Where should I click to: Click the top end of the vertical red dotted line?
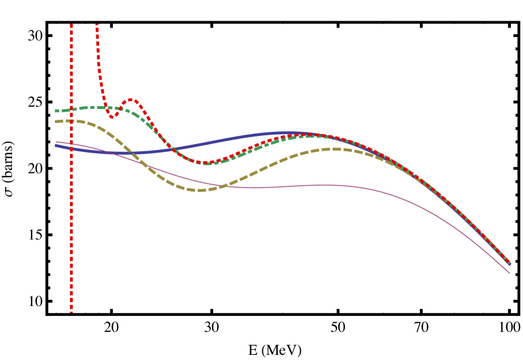(71, 25)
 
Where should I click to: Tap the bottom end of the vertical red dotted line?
(71, 312)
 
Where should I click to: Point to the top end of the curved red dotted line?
(96, 25)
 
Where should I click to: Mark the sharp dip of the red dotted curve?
(112, 118)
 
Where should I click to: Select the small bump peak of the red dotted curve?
(131, 100)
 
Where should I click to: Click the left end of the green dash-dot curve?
(56, 111)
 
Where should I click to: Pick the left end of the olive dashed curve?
(56, 121)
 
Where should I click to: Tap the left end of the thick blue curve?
(56, 146)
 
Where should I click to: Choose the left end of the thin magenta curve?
(56, 142)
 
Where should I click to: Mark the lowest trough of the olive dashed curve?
(200, 190)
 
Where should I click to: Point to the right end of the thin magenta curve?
(510, 273)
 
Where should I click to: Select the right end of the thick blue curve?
(510, 264)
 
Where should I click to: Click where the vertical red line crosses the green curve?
(71, 109)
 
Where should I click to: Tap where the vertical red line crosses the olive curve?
(71, 120)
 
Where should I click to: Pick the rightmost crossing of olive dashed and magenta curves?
(220, 186)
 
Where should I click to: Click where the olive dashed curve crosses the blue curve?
(131, 152)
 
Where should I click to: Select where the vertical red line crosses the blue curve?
(71, 149)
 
